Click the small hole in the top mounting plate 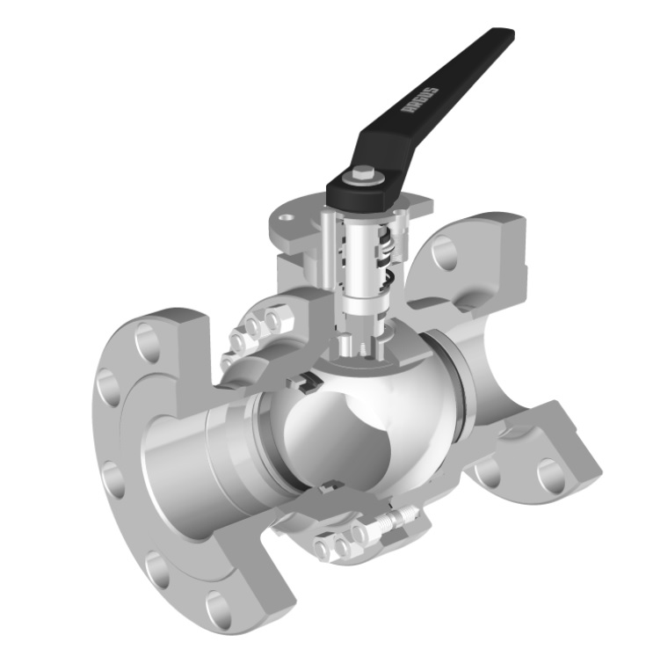pos(285,214)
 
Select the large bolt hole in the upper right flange pos(446,254)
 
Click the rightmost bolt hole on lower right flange pos(551,476)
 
